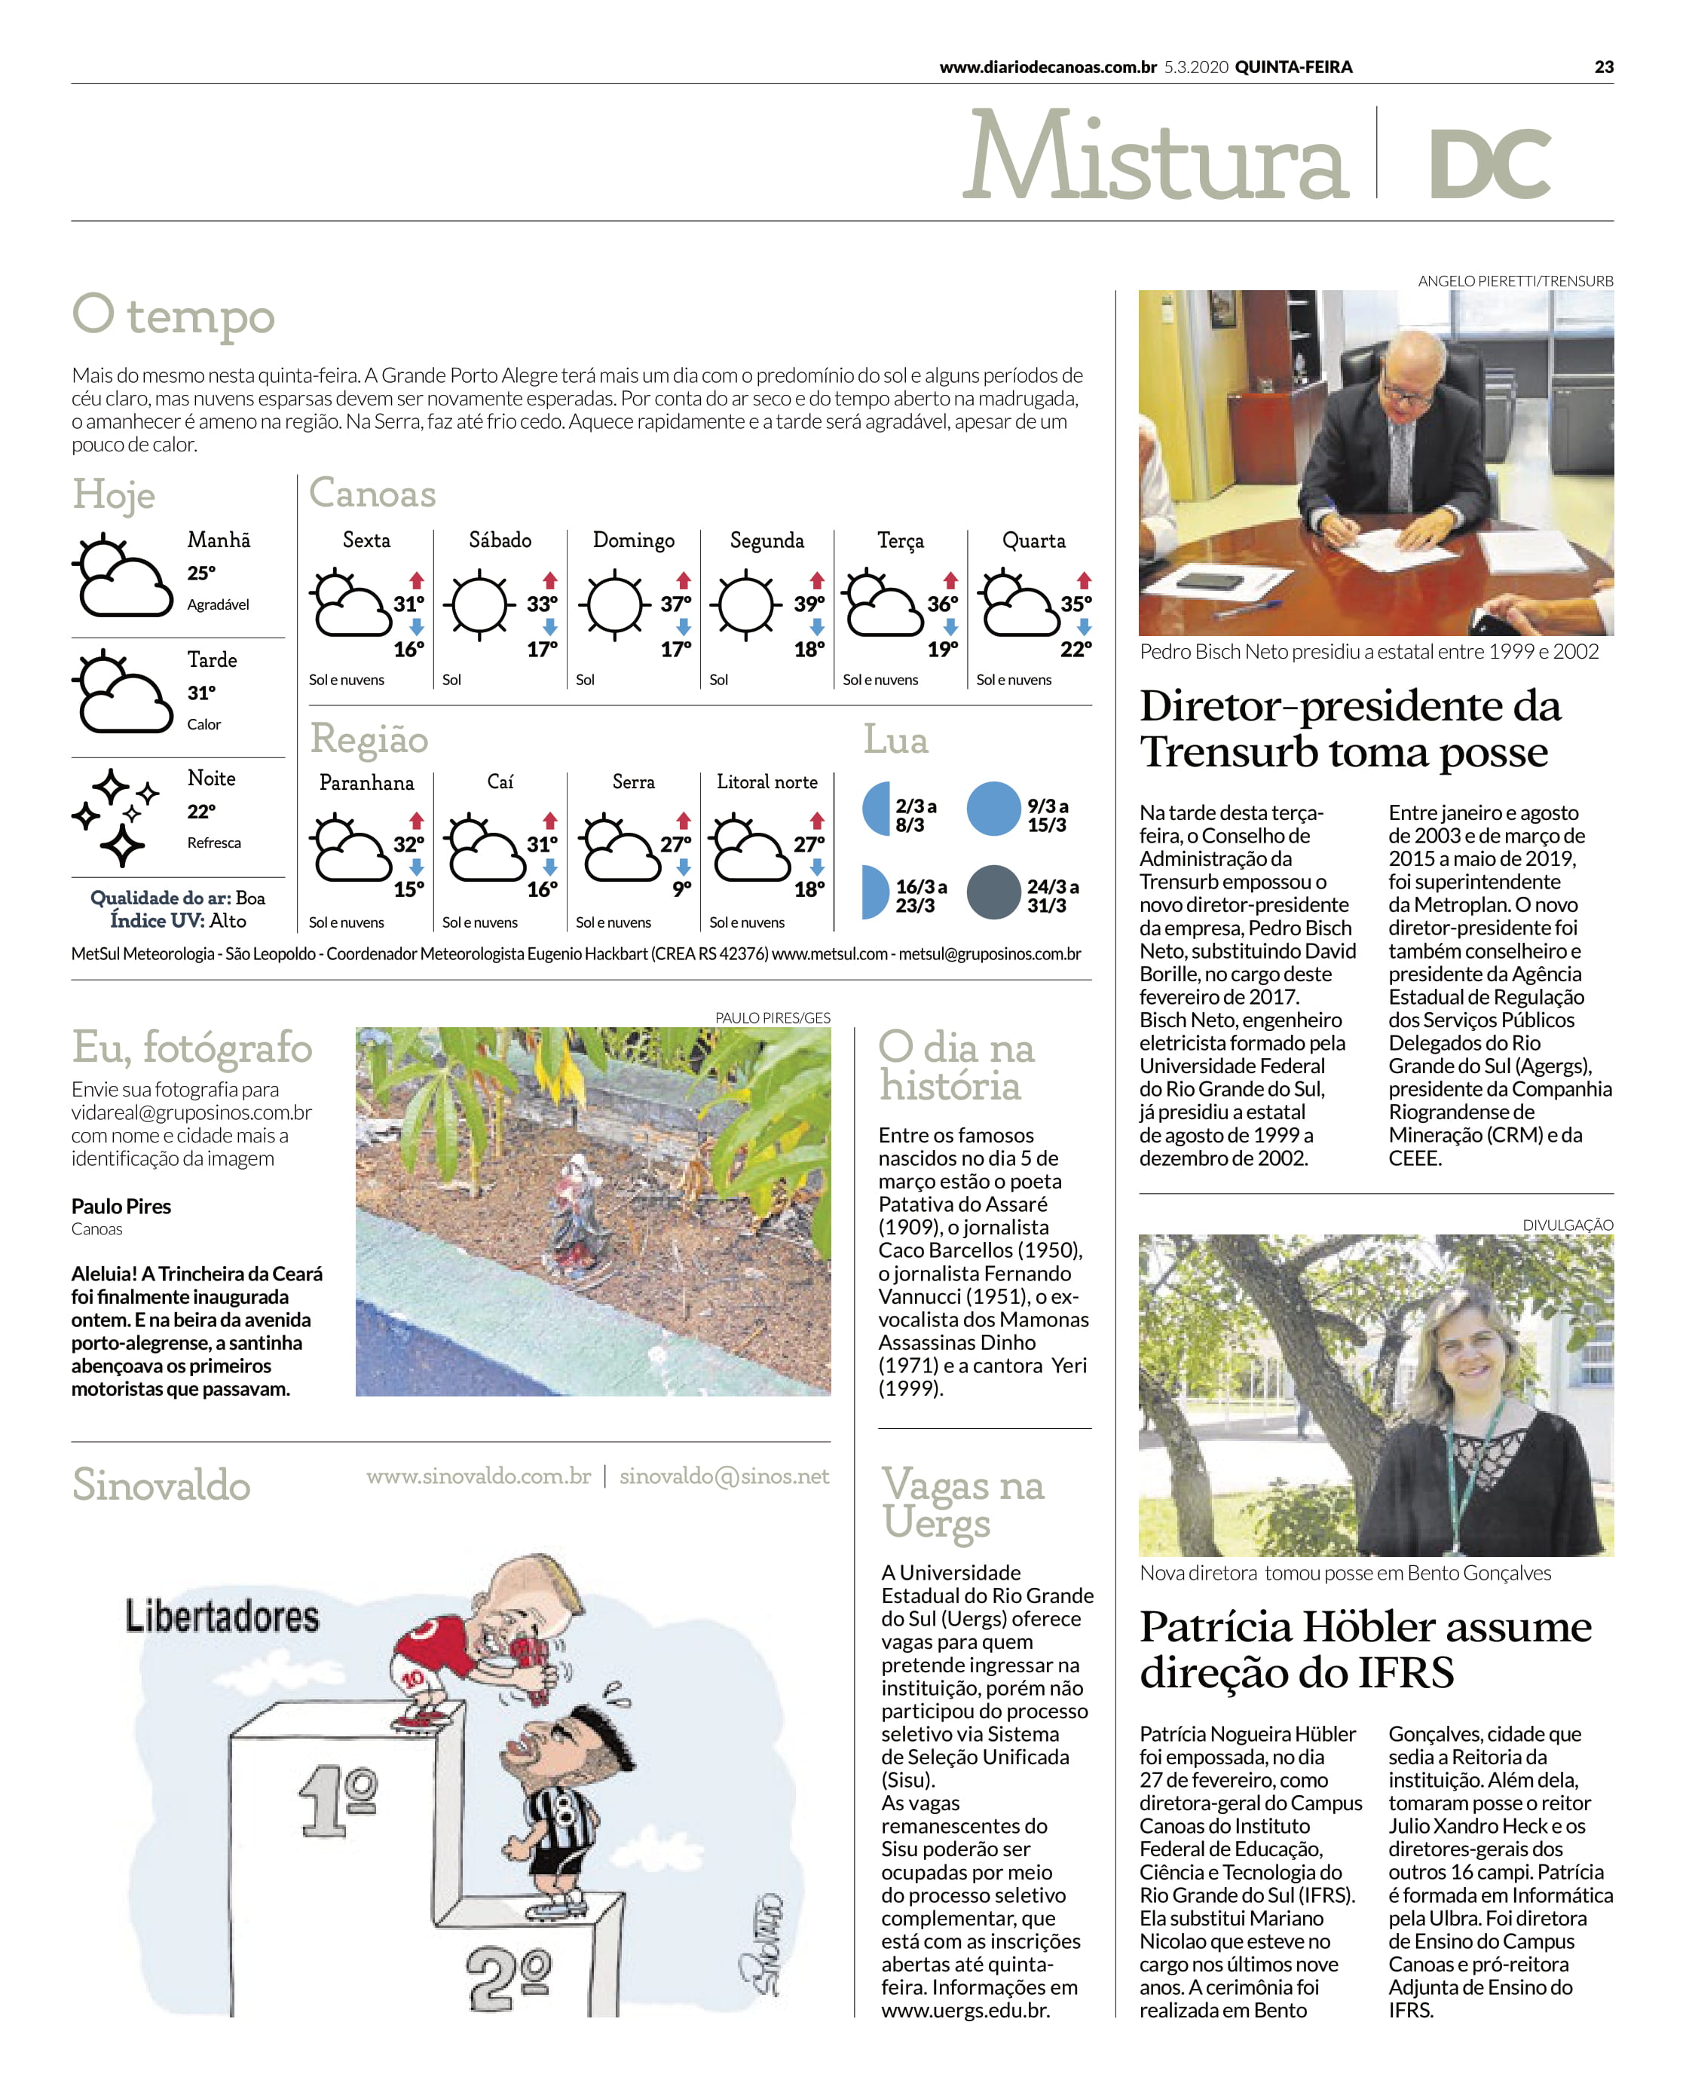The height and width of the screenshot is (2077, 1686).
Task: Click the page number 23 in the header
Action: pos(1603,67)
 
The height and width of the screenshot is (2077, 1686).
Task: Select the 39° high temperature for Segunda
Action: pos(809,603)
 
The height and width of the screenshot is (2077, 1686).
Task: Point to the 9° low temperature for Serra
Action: pos(682,888)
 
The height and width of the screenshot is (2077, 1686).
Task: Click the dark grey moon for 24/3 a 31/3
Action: pos(993,892)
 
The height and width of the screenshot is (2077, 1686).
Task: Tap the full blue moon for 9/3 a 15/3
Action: pos(993,809)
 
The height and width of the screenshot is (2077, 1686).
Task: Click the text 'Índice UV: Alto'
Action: pos(178,920)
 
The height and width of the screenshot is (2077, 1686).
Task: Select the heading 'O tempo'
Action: pos(174,316)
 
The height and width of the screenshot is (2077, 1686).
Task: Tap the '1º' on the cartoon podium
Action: pos(337,1801)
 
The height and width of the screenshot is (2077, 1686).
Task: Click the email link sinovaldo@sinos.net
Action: pos(724,1476)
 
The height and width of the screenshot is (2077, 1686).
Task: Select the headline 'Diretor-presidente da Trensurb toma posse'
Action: pos(1350,728)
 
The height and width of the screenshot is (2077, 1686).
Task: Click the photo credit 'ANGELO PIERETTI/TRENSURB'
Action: pos(1515,280)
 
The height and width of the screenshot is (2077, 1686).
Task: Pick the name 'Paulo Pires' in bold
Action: pos(121,1206)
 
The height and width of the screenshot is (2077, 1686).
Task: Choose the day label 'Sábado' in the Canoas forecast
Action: pos(500,540)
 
